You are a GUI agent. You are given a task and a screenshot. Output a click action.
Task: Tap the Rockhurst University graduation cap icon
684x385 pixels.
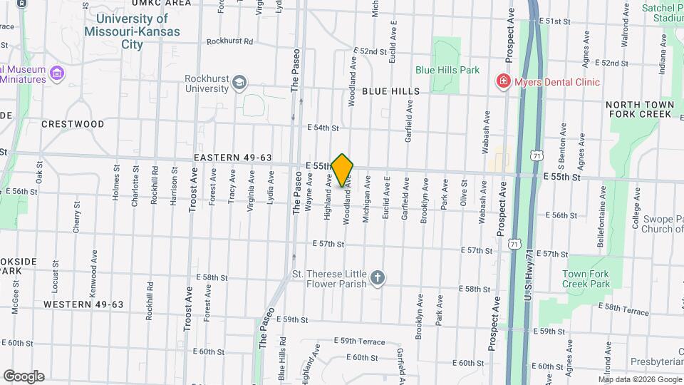239,83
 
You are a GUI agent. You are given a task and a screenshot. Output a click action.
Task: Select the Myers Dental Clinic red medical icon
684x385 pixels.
504,82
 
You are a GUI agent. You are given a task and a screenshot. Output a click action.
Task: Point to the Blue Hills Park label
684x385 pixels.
447,71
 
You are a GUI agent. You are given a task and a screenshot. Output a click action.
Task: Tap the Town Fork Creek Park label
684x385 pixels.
586,279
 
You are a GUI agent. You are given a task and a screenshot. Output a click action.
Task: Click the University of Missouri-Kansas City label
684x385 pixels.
132,31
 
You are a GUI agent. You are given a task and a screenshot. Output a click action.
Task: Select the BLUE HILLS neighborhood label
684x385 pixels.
390,92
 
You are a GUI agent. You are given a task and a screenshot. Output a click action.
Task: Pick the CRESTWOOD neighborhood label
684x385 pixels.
73,124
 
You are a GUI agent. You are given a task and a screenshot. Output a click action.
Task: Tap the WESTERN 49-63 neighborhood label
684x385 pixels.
83,304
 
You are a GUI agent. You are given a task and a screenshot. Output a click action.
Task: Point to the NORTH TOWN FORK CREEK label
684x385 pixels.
639,109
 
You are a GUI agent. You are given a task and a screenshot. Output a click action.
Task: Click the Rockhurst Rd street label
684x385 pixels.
229,41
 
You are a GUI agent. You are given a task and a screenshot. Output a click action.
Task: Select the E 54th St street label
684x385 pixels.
323,128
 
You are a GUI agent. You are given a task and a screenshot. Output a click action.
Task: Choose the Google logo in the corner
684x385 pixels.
24,376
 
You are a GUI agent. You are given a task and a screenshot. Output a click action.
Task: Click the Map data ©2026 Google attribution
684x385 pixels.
640,379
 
